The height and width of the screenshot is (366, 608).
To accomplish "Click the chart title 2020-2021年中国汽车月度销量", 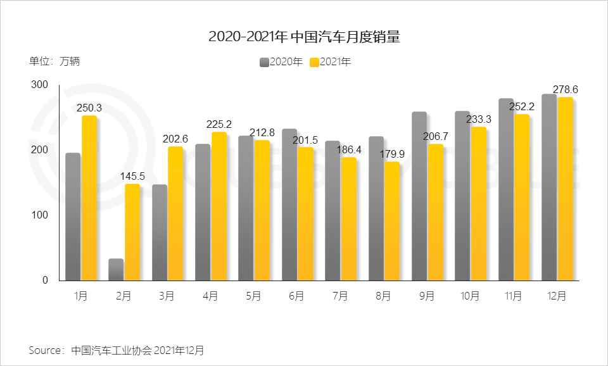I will click(x=304, y=37).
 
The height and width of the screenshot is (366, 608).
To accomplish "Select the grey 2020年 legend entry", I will click(x=281, y=61).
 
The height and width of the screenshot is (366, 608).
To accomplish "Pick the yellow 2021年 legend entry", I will click(x=330, y=61).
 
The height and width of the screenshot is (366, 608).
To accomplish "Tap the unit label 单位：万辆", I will click(x=54, y=61).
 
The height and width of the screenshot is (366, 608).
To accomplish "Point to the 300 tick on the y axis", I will click(x=39, y=85).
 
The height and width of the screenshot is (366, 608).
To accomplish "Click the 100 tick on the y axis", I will click(x=39, y=215).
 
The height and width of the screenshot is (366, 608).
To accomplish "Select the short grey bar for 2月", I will click(x=116, y=270).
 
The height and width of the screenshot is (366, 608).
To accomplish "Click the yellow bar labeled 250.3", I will click(x=89, y=198).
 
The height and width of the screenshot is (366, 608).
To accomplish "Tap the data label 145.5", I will click(x=132, y=176).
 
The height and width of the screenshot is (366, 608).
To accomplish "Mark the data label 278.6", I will click(x=566, y=90).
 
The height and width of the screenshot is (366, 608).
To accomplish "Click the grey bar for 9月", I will click(x=419, y=196).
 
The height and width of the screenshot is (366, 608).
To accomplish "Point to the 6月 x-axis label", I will click(x=296, y=296).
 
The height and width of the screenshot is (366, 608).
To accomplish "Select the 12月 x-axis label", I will click(x=557, y=296).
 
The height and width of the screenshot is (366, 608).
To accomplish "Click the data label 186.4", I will click(x=349, y=149).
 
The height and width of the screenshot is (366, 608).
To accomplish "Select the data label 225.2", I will click(x=219, y=124).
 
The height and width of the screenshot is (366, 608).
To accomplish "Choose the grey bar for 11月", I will click(x=506, y=190).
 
